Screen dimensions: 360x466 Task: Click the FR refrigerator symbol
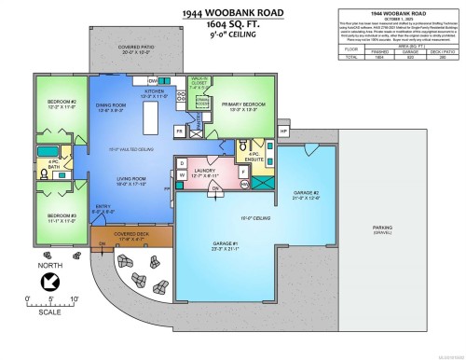179,132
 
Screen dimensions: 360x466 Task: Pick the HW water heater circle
246,184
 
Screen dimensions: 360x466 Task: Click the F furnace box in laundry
244,170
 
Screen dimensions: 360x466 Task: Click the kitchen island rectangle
146,120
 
